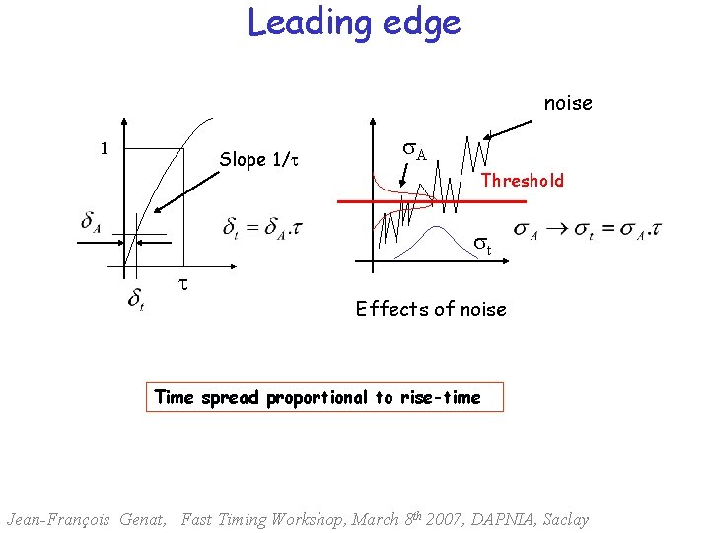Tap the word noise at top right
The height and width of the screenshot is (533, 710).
568,103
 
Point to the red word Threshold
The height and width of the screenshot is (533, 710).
523,181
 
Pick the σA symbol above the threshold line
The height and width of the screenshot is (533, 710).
415,152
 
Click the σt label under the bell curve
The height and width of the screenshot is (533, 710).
481,242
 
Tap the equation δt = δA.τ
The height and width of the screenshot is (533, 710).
262,229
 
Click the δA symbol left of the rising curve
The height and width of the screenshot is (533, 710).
92,221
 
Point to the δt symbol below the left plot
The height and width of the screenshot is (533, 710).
137,299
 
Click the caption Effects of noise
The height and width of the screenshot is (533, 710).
431,310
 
